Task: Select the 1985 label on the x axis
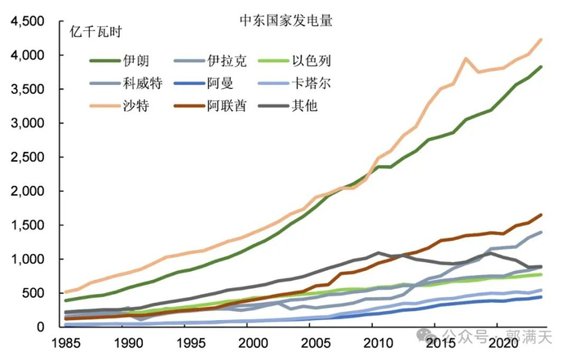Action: coord(65,343)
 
